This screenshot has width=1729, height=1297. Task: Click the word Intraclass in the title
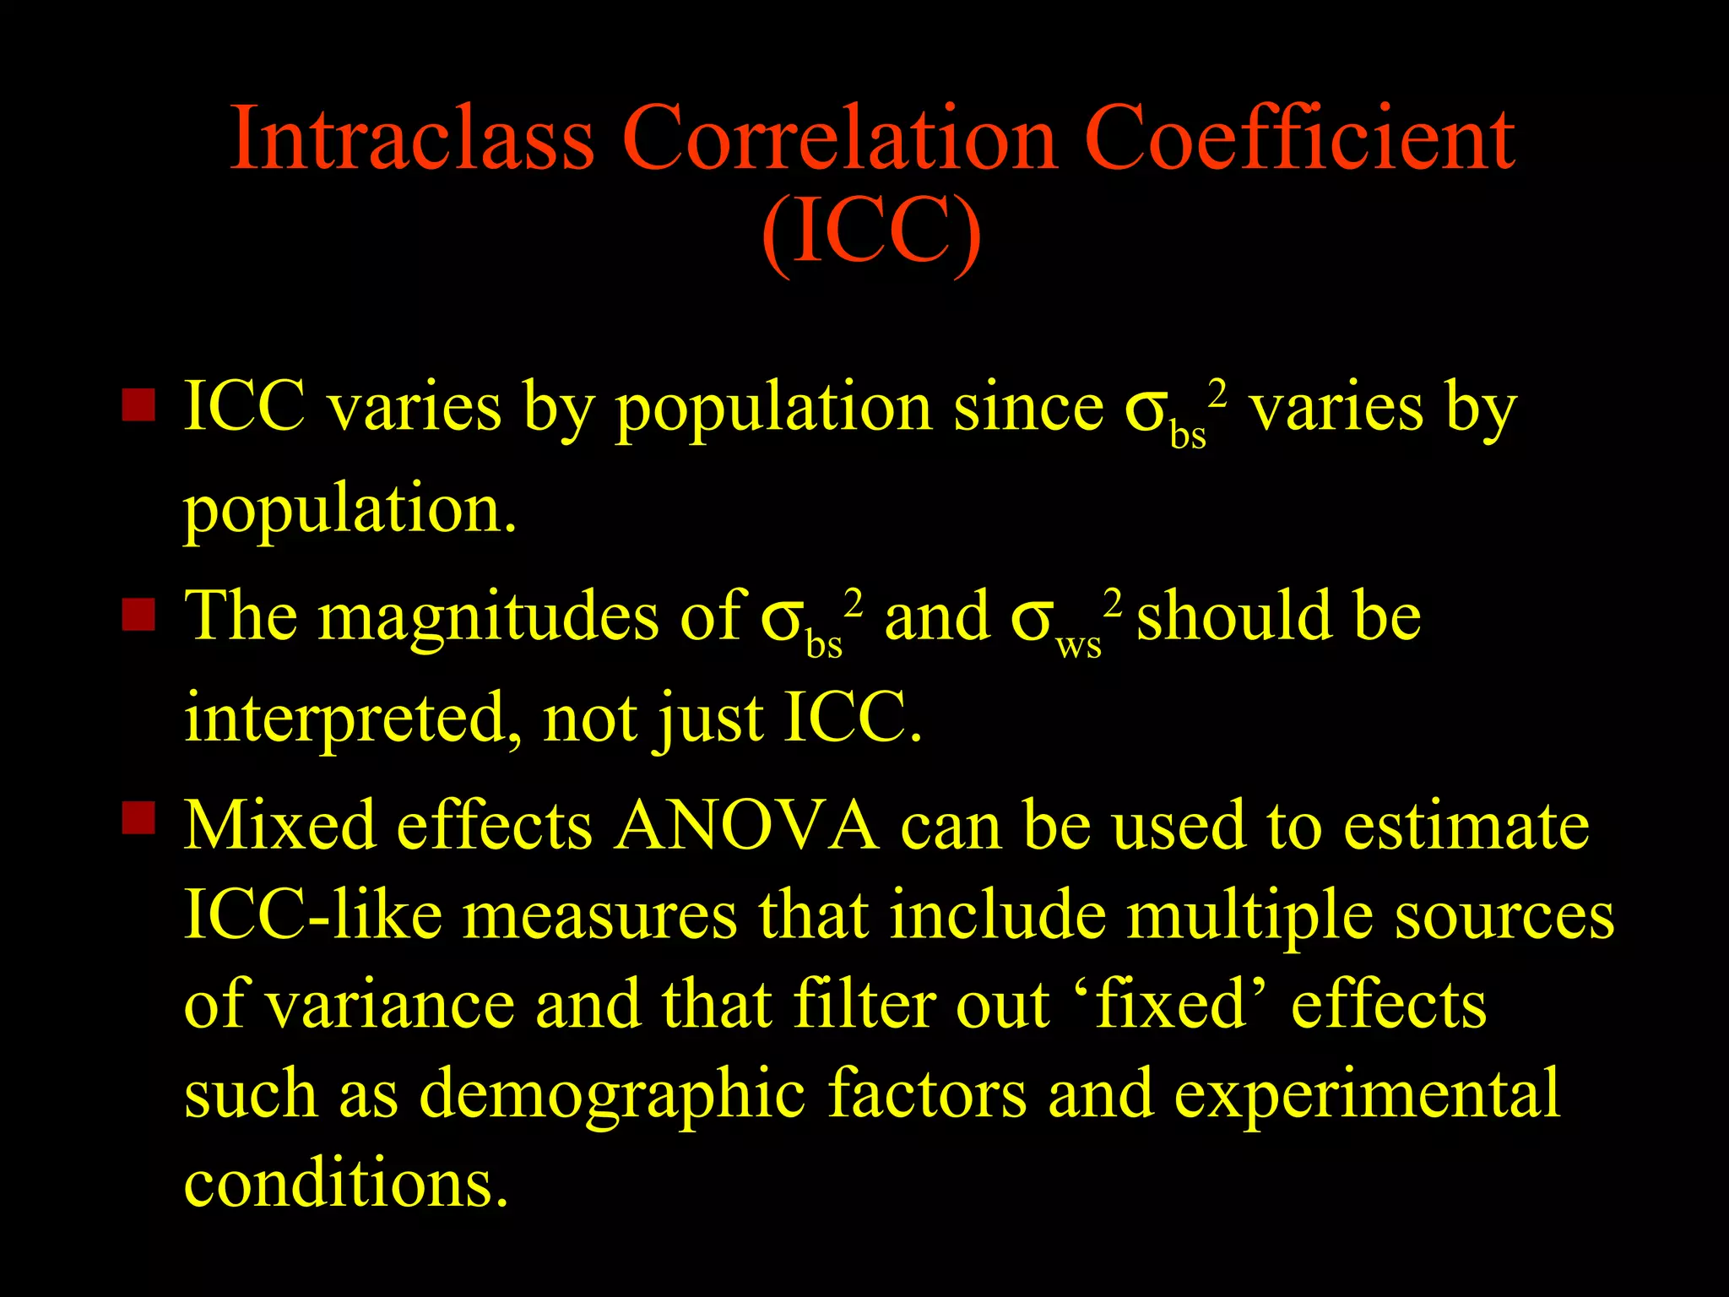point(412,138)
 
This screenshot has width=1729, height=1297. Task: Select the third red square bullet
point(138,817)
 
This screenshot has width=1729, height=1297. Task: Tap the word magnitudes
point(488,618)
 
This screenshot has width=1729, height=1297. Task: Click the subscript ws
point(1079,647)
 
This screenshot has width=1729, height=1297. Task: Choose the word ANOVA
point(746,825)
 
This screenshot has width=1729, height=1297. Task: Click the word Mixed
point(279,825)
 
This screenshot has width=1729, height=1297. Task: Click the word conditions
point(346,1183)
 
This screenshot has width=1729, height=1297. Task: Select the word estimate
point(1466,825)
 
